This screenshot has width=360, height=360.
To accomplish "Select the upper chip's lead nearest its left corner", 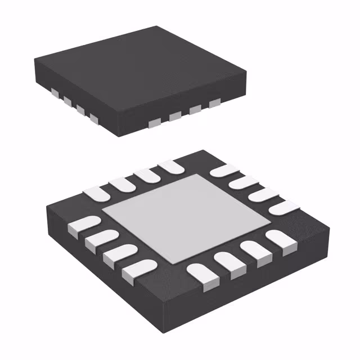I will click(x=55, y=91).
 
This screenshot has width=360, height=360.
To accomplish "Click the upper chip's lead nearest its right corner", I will click(x=214, y=104).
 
